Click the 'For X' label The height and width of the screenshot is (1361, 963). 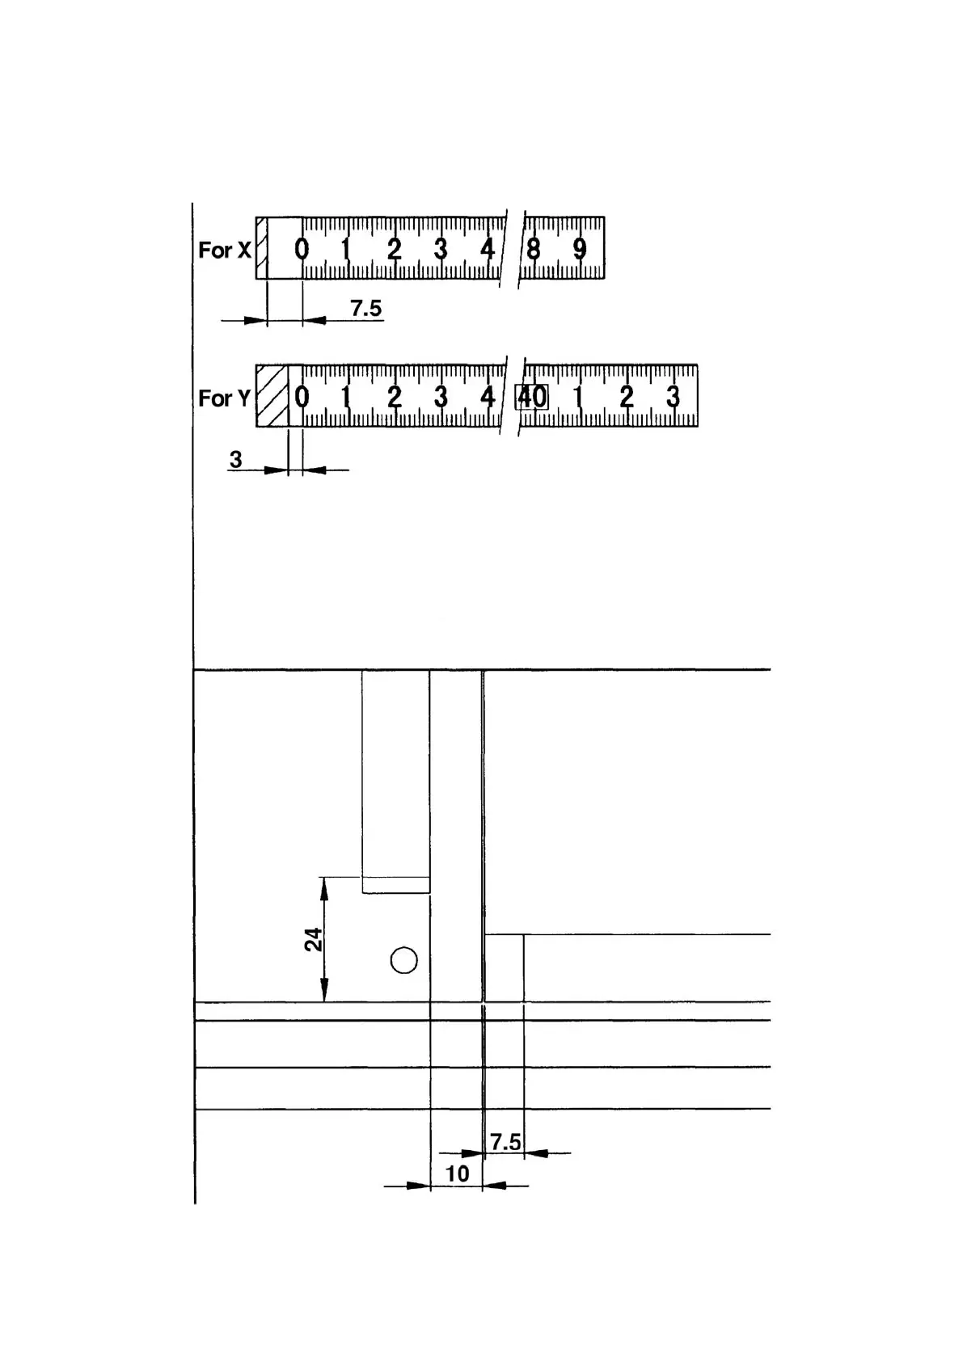pyautogui.click(x=224, y=250)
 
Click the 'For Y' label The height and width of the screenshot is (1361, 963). pyautogui.click(x=224, y=398)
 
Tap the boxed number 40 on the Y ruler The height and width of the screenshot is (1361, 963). pyautogui.click(x=532, y=397)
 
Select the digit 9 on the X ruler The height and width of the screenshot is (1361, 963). pyautogui.click(x=580, y=249)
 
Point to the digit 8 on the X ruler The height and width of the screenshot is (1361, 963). pyautogui.click(x=533, y=249)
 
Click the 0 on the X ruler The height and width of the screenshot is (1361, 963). pyautogui.click(x=302, y=249)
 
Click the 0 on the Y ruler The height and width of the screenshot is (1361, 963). pyautogui.click(x=302, y=397)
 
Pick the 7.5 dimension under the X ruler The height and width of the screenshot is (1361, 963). pyautogui.click(x=365, y=308)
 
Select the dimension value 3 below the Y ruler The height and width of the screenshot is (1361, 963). pyautogui.click(x=235, y=459)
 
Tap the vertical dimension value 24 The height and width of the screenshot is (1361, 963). pyautogui.click(x=314, y=939)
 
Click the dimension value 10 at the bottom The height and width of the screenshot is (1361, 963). pyautogui.click(x=457, y=1173)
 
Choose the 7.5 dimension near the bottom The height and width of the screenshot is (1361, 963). pyautogui.click(x=505, y=1142)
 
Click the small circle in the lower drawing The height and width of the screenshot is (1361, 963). pyautogui.click(x=403, y=960)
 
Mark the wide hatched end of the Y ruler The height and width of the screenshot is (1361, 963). pyautogui.click(x=272, y=396)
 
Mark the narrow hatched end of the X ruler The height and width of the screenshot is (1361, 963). pyautogui.click(x=261, y=248)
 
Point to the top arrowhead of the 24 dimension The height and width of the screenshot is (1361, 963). pyautogui.click(x=324, y=887)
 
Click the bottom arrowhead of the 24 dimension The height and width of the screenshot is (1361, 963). pyautogui.click(x=324, y=992)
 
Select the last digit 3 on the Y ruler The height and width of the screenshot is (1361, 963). pyautogui.click(x=673, y=397)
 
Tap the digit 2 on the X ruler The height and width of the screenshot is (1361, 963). pyautogui.click(x=394, y=249)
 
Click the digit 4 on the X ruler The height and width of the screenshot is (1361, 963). pyautogui.click(x=487, y=249)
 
